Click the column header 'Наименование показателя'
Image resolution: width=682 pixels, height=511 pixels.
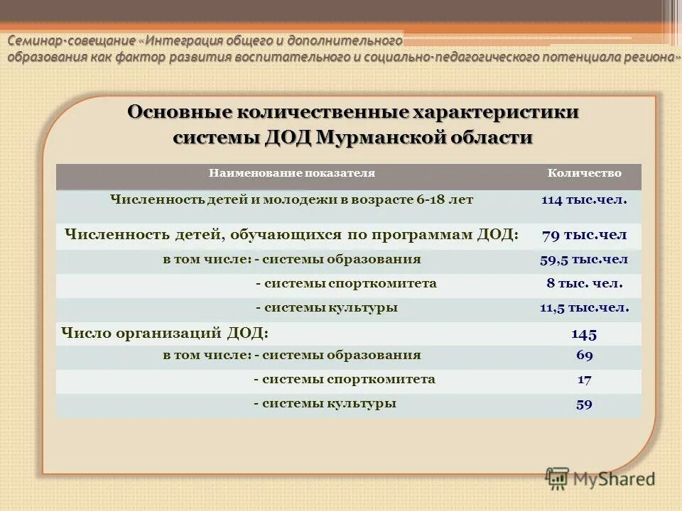[291, 173]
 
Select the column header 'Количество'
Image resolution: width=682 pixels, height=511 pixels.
[584, 173]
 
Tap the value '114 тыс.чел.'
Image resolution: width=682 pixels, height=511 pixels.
[584, 200]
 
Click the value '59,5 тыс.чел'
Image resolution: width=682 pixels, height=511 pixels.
[584, 260]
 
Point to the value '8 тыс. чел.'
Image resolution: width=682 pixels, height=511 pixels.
[584, 284]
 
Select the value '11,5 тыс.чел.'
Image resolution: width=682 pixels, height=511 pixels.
[584, 308]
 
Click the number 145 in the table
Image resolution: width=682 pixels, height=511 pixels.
[584, 334]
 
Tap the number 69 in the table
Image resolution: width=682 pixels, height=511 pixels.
[584, 356]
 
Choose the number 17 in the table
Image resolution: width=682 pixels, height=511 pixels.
[584, 380]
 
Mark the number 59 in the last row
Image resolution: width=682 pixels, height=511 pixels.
[584, 405]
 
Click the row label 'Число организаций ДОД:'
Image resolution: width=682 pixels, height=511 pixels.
[165, 332]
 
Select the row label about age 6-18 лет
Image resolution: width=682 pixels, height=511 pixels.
[291, 200]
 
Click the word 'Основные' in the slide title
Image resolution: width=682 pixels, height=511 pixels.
[179, 113]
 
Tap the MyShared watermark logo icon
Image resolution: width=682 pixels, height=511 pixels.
[558, 478]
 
